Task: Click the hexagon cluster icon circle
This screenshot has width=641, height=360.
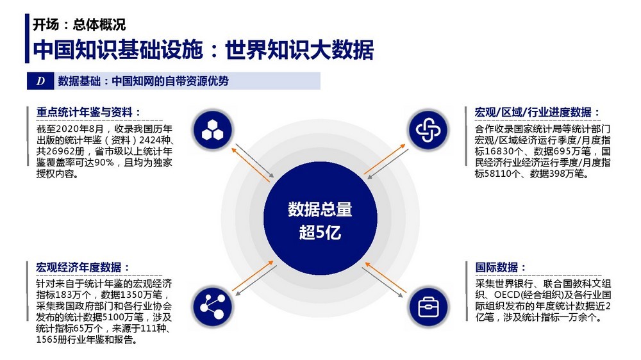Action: [213, 130]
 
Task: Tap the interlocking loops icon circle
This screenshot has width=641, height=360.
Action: [428, 130]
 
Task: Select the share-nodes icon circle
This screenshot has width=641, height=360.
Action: [213, 306]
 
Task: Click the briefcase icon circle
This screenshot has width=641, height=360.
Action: [428, 306]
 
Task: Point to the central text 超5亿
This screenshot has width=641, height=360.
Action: [320, 233]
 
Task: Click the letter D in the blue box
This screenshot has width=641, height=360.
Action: [40, 81]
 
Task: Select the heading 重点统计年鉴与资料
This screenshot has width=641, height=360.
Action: [84, 112]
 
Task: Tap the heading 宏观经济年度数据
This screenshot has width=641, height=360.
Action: [78, 267]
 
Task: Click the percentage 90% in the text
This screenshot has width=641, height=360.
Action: [104, 163]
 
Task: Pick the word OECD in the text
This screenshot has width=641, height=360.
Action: [507, 295]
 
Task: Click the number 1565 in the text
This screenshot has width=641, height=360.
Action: [47, 340]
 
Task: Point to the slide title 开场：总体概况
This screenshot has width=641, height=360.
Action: [79, 24]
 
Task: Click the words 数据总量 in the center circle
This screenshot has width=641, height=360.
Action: [320, 209]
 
